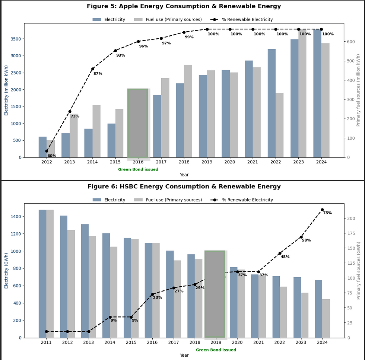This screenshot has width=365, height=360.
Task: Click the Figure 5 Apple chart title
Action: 184,6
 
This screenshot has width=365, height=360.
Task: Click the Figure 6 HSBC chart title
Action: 184,187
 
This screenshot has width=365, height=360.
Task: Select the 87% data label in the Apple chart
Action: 98,74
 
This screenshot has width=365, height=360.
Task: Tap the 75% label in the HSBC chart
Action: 327,213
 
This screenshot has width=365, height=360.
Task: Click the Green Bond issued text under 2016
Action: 138,169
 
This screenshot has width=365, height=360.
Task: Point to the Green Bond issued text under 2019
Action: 216,350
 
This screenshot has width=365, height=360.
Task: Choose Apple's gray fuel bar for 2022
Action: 279,125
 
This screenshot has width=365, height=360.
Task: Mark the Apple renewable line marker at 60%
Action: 47,151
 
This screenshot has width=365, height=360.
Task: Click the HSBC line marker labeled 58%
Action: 301,237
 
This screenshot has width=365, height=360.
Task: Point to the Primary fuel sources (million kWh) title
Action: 358,90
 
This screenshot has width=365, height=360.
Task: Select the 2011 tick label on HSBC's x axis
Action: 46,343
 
